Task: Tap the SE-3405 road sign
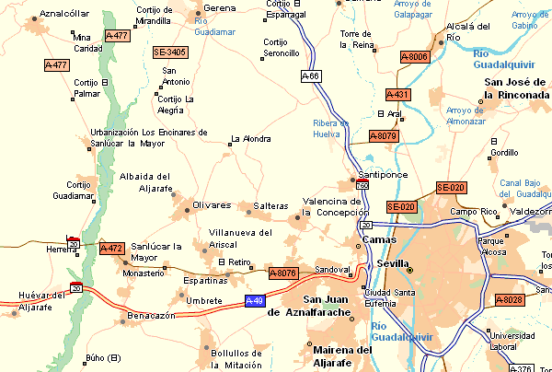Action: [170, 52]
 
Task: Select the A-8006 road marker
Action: [414, 57]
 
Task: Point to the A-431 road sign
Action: [397, 95]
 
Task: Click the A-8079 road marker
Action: [382, 136]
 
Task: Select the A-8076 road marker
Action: [283, 273]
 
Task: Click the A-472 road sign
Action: [110, 249]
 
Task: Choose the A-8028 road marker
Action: [509, 300]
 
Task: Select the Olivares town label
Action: [212, 204]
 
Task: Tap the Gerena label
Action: [219, 8]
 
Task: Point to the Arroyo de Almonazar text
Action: [466, 115]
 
